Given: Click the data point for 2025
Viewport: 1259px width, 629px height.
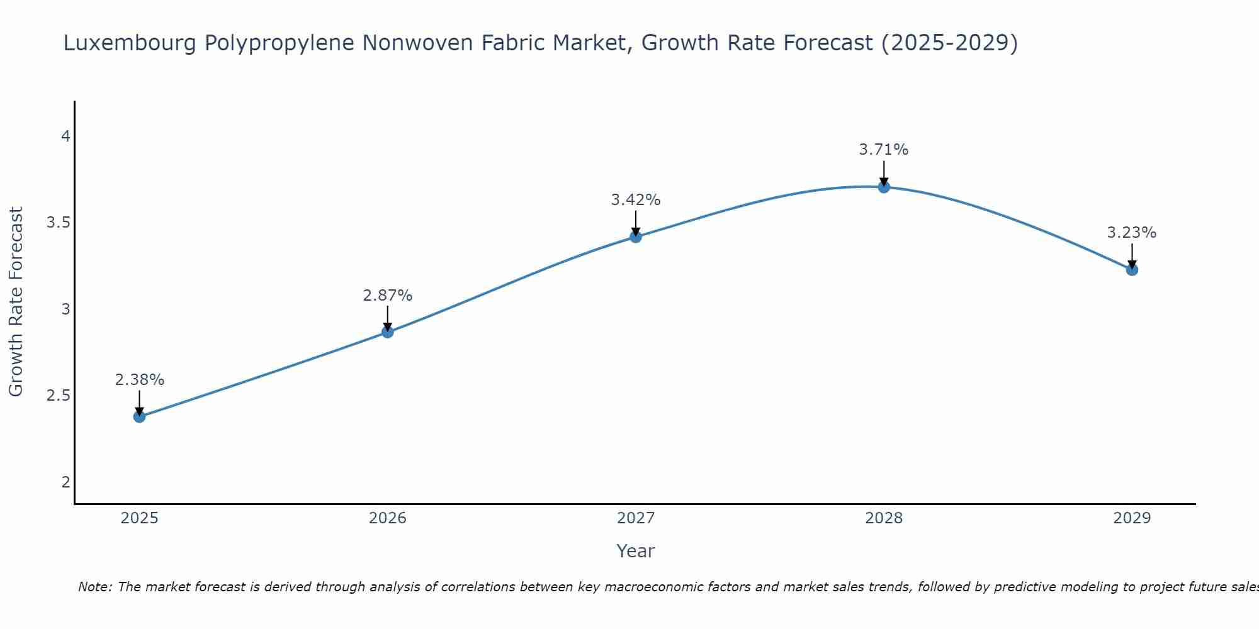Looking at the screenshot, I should click(139, 416).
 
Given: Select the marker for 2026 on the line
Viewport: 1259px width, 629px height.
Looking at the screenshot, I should click(388, 332).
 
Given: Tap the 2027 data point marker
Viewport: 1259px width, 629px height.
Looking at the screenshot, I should click(636, 237).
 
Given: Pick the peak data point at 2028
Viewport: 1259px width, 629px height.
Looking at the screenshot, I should click(884, 187).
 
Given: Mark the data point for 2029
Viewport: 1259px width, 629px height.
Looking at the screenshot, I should click(1132, 270).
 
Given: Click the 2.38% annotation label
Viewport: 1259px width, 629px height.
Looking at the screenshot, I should click(139, 380).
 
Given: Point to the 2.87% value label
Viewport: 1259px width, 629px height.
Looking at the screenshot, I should click(388, 296).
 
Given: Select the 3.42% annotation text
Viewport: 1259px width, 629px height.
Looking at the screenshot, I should click(636, 200).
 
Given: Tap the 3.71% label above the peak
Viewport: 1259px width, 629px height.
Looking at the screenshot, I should click(884, 150).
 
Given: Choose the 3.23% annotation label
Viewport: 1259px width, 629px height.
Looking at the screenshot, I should click(1132, 233).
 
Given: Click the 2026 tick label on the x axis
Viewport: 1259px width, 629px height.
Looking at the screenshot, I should click(388, 518).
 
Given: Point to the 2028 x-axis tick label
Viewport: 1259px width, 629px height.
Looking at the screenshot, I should click(884, 518).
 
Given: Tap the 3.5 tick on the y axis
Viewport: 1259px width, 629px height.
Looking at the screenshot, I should click(58, 223).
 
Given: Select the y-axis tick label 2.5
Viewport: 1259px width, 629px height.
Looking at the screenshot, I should click(58, 396).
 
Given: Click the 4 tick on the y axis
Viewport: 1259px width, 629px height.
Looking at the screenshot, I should click(65, 136).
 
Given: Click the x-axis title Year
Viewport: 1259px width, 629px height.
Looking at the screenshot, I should click(636, 551).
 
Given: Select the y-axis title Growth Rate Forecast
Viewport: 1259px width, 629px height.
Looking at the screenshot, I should click(16, 302).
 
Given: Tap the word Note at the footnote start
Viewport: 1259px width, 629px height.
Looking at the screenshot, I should click(94, 587).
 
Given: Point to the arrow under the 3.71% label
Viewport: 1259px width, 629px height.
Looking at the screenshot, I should click(884, 173).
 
